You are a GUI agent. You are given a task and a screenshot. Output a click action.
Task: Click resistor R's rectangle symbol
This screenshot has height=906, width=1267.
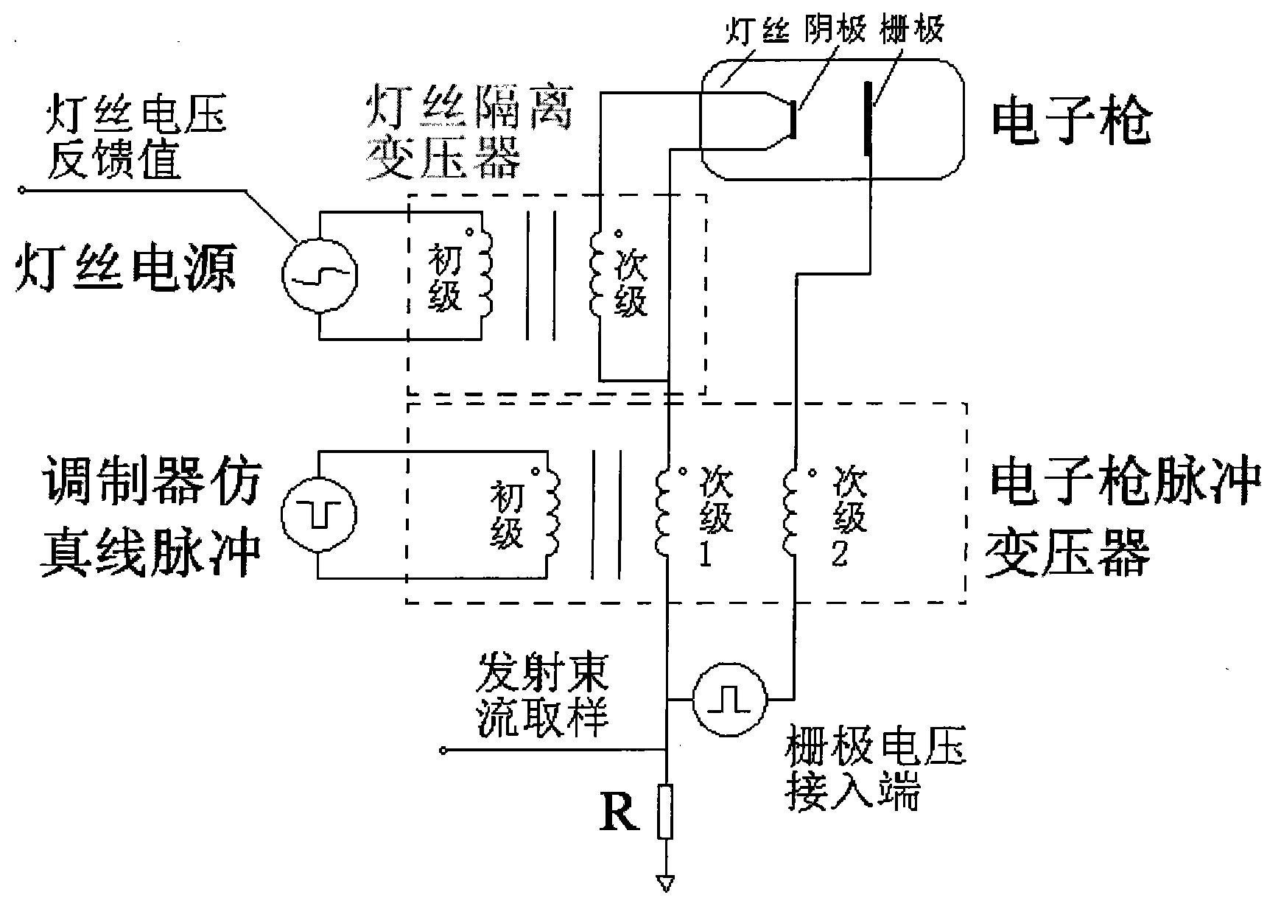coord(665,812)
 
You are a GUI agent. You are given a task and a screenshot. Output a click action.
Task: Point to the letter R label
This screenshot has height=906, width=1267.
coord(620,812)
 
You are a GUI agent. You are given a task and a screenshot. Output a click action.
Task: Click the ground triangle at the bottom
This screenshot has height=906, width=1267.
coord(665,882)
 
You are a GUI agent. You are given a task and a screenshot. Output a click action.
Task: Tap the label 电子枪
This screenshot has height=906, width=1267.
coord(1070,123)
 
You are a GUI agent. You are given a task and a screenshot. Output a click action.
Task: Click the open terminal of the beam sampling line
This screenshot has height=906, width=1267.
coord(443,751)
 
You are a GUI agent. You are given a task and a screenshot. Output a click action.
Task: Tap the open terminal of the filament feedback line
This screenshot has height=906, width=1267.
coord(21,192)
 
